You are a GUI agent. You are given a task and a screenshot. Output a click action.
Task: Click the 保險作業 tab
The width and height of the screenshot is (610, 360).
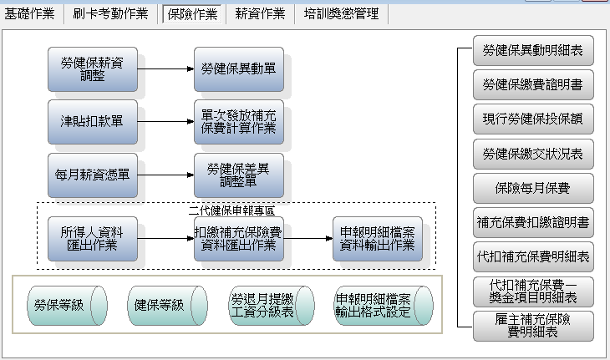click(x=192, y=14)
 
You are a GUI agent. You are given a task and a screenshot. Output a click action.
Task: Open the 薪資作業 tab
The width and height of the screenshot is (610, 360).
click(x=260, y=14)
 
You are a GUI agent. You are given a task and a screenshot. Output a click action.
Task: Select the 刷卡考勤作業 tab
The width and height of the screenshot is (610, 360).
click(x=110, y=14)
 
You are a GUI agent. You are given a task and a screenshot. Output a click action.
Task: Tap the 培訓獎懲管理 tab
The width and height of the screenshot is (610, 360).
click(x=341, y=14)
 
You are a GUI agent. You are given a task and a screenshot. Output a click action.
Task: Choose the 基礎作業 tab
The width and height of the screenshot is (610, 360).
click(x=29, y=14)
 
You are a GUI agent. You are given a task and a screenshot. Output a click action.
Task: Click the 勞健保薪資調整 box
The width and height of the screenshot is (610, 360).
click(x=93, y=69)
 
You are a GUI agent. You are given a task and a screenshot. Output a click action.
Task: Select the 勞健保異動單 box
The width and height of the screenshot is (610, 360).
click(x=239, y=69)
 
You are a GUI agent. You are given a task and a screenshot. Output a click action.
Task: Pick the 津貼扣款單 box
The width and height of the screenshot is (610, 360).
click(x=93, y=122)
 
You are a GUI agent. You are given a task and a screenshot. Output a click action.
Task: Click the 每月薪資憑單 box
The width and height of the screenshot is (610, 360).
click(x=93, y=175)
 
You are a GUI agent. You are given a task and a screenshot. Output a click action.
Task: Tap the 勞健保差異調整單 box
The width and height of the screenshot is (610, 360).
click(x=239, y=175)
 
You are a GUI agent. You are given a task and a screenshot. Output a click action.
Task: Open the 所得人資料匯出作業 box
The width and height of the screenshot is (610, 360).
click(x=93, y=239)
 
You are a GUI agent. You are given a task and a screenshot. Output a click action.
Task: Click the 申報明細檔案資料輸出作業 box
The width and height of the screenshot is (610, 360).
click(x=378, y=239)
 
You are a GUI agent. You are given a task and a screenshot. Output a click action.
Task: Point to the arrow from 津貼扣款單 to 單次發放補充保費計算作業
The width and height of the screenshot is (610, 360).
click(x=165, y=122)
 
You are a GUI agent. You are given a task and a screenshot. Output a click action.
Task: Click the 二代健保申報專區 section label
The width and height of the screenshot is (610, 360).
click(x=231, y=210)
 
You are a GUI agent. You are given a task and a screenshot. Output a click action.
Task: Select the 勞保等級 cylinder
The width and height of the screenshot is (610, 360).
click(x=67, y=306)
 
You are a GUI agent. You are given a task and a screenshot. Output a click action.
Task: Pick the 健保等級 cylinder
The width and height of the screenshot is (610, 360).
click(x=167, y=306)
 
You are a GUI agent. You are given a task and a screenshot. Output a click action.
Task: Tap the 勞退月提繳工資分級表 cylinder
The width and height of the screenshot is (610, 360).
click(x=272, y=306)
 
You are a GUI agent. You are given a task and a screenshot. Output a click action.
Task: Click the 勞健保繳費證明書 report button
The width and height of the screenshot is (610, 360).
click(x=533, y=84)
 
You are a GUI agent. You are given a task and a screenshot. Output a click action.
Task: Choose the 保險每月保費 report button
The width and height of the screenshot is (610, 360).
click(x=533, y=189)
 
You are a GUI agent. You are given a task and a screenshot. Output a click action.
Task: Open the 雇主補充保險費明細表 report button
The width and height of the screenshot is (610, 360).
click(x=533, y=327)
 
